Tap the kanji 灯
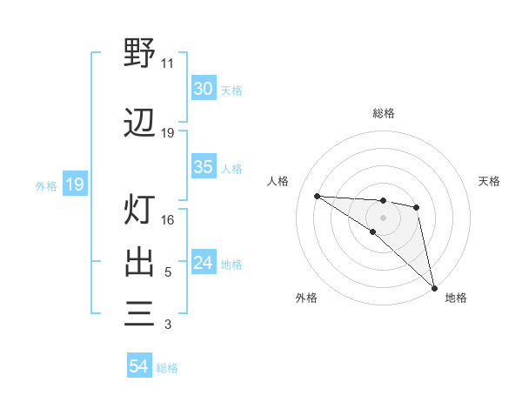coord(139,209)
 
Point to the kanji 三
coord(139,313)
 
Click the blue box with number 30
coord(204,89)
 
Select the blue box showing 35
coord(204,168)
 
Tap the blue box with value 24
coord(204,264)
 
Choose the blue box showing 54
coord(139,367)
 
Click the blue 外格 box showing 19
coord(75,184)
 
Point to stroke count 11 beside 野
coord(168,64)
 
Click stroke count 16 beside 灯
coord(168,220)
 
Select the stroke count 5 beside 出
coord(168,272)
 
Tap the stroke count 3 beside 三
coord(168,325)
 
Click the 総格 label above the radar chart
coord(384,113)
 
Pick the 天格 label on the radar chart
coord(489,181)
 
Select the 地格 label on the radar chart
coord(456,298)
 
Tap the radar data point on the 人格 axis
coord(317,196)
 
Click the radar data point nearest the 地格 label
coord(433,286)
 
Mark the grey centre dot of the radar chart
coord(384,217)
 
